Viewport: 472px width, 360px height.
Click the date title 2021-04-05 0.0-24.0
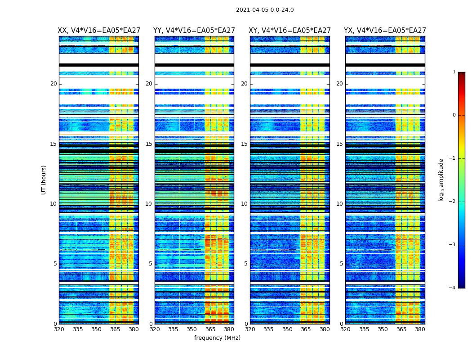click(x=265, y=10)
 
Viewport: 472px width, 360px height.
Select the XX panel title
click(x=99, y=31)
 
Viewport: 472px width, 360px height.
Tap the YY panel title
click(x=194, y=31)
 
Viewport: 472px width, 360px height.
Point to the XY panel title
click(x=290, y=31)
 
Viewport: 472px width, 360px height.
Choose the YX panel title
click(x=385, y=31)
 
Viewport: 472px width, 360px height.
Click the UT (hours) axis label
click(x=44, y=180)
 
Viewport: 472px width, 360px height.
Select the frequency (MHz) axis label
click(x=217, y=338)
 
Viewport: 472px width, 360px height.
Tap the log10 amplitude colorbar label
click(x=441, y=180)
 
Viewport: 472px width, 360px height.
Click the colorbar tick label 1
click(x=454, y=72)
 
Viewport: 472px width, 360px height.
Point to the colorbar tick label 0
click(x=454, y=115)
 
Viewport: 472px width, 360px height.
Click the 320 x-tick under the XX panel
click(x=59, y=329)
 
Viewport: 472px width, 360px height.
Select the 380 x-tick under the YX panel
click(x=420, y=329)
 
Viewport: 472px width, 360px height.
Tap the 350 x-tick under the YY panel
click(x=192, y=329)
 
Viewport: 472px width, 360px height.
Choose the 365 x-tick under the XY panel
click(x=306, y=329)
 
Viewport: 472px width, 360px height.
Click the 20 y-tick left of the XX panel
click(x=53, y=84)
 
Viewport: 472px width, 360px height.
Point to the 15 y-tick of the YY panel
click(x=149, y=144)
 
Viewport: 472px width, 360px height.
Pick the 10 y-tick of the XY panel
click(x=244, y=204)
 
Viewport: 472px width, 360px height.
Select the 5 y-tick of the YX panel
click(x=341, y=264)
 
